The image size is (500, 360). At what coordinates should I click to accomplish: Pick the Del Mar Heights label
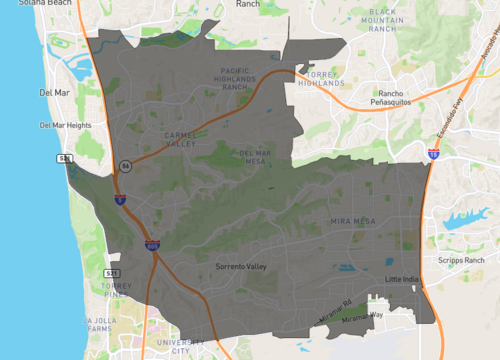(65, 125)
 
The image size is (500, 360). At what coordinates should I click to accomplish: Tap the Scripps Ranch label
(460, 261)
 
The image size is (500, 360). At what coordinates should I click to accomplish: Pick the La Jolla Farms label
(102, 326)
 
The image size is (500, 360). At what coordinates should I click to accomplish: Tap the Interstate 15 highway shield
(433, 154)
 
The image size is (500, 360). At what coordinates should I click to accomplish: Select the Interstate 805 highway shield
(152, 244)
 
